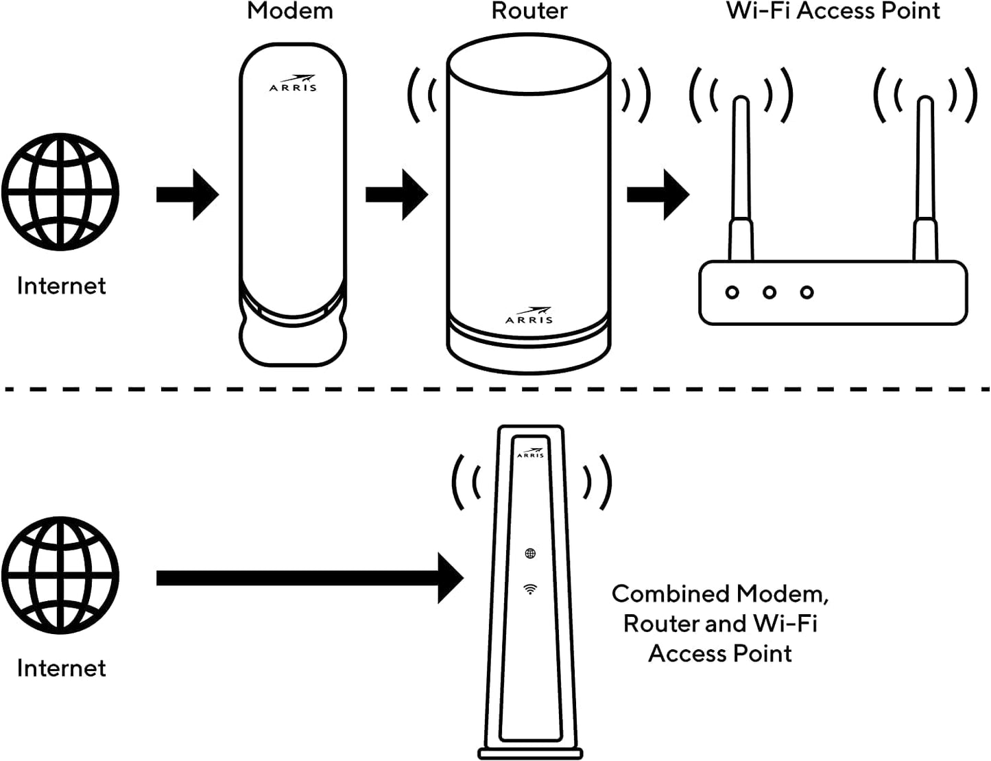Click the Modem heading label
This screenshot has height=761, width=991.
pyautogui.click(x=290, y=11)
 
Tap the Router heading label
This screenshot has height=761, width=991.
pyautogui.click(x=529, y=11)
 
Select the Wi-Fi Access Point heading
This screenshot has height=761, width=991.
pyautogui.click(x=833, y=11)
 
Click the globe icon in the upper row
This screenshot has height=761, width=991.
pyautogui.click(x=60, y=192)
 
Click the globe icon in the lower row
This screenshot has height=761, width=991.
pyautogui.click(x=60, y=575)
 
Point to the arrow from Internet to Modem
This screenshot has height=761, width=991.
pyautogui.click(x=187, y=195)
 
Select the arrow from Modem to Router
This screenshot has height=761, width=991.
pyautogui.click(x=397, y=195)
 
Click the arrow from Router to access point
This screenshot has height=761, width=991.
pyautogui.click(x=658, y=195)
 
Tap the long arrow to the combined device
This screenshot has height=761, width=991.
pyautogui.click(x=310, y=578)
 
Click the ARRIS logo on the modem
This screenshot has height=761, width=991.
pyautogui.click(x=293, y=84)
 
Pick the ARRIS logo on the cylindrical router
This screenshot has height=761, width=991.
pyautogui.click(x=529, y=315)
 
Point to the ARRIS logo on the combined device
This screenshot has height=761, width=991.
pyautogui.click(x=530, y=453)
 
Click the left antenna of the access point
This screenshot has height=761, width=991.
pyautogui.click(x=741, y=178)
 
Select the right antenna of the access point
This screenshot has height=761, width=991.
pyautogui.click(x=925, y=178)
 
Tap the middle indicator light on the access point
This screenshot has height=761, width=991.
pyautogui.click(x=769, y=292)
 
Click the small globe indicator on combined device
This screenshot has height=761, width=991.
pyautogui.click(x=530, y=553)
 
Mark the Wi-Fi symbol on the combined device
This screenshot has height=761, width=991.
pyautogui.click(x=530, y=589)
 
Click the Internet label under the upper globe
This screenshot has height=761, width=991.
pyautogui.click(x=62, y=286)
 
